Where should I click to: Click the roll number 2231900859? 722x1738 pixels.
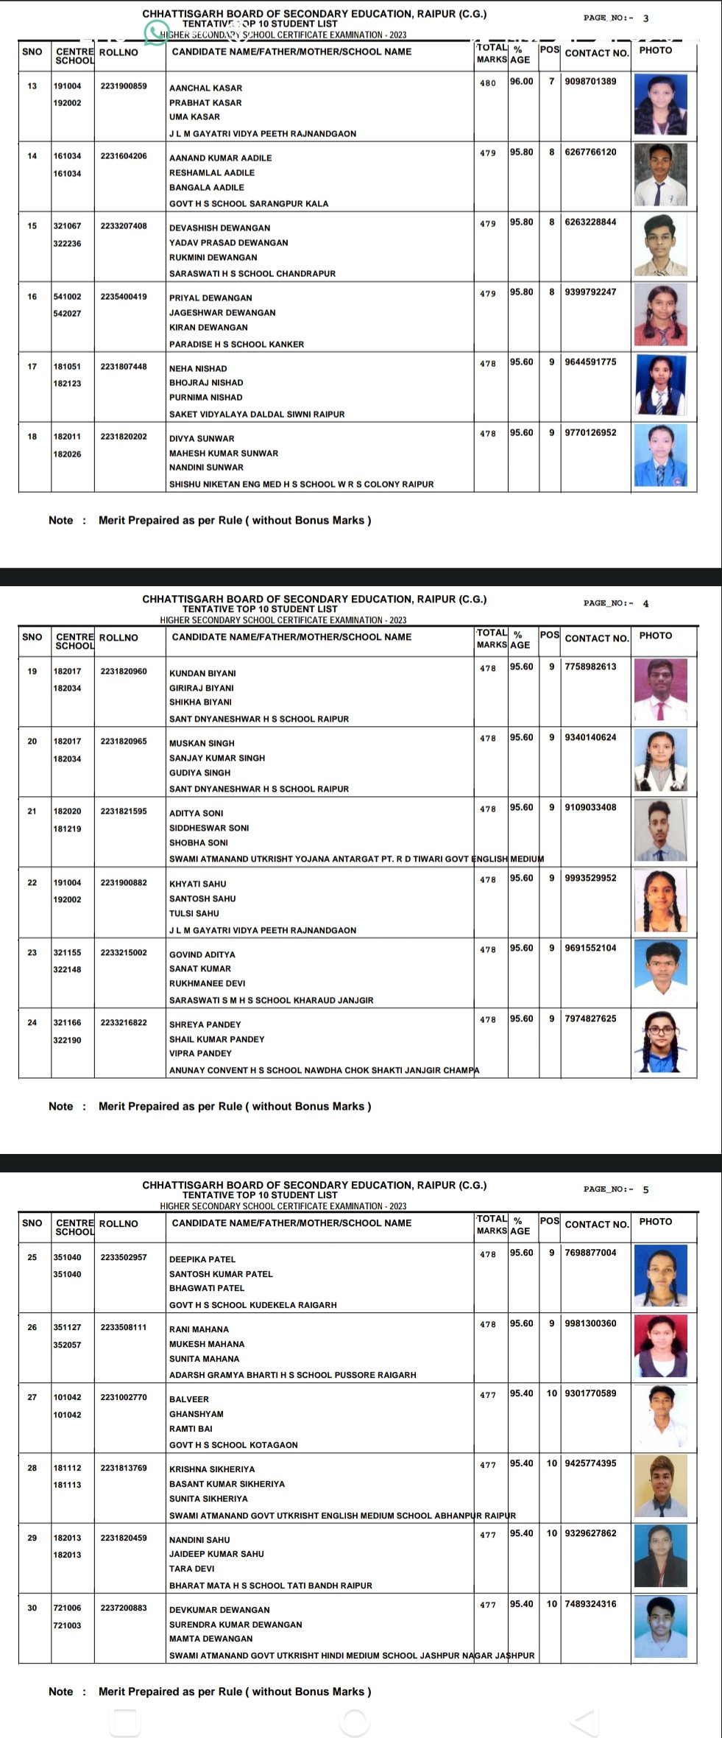click(124, 86)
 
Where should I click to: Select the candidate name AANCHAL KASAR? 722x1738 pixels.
click(205, 88)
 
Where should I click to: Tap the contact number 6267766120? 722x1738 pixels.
click(590, 152)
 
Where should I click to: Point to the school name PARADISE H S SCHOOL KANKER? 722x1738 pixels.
click(236, 344)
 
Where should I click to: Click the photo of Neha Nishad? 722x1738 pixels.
click(660, 385)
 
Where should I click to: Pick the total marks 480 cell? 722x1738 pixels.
click(488, 83)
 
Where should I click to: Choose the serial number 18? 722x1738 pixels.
click(32, 437)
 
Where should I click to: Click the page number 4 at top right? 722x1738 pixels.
click(645, 603)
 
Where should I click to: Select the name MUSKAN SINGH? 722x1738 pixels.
click(202, 743)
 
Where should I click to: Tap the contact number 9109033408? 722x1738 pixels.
click(590, 807)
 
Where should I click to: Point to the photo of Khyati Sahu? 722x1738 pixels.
click(660, 901)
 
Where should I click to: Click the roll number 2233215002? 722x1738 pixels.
click(124, 952)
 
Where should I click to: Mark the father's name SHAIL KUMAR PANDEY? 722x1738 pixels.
click(216, 1039)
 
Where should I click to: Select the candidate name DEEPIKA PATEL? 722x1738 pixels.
click(202, 1259)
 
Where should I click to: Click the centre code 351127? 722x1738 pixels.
click(67, 1327)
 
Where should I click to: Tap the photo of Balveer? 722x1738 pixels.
click(660, 1417)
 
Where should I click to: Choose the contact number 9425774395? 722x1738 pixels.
click(590, 1463)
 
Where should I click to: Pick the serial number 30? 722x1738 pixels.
click(32, 1608)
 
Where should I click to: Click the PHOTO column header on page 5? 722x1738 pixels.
click(655, 1221)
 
